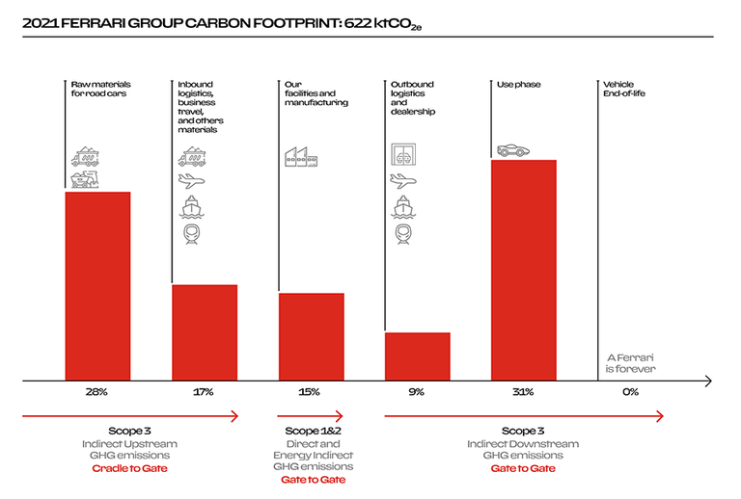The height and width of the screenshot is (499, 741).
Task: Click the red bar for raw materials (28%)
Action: pyautogui.click(x=97, y=286)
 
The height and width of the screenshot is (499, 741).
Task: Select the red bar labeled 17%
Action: pyautogui.click(x=205, y=332)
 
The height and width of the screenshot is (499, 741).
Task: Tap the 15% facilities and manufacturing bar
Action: pyautogui.click(x=311, y=336)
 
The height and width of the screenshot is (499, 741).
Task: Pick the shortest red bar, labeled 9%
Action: pyautogui.click(x=418, y=356)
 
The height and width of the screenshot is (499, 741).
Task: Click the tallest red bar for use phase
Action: pyautogui.click(x=524, y=270)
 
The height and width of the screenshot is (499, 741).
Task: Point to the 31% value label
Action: pyautogui.click(x=524, y=393)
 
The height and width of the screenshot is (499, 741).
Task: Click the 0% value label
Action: pyautogui.click(x=631, y=393)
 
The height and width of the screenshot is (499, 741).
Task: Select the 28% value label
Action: pyautogui.click(x=97, y=393)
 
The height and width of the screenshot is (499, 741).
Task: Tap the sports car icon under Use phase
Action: pyautogui.click(x=513, y=149)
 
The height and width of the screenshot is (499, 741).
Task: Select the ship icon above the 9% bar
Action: pyautogui.click(x=404, y=207)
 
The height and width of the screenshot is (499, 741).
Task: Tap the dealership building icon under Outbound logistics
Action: pyautogui.click(x=404, y=155)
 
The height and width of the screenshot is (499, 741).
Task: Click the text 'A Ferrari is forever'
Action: pyautogui.click(x=630, y=362)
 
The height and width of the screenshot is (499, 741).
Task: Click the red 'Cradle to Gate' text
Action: pyautogui.click(x=129, y=468)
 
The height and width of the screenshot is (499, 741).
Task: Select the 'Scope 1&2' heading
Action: pyautogui.click(x=314, y=431)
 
